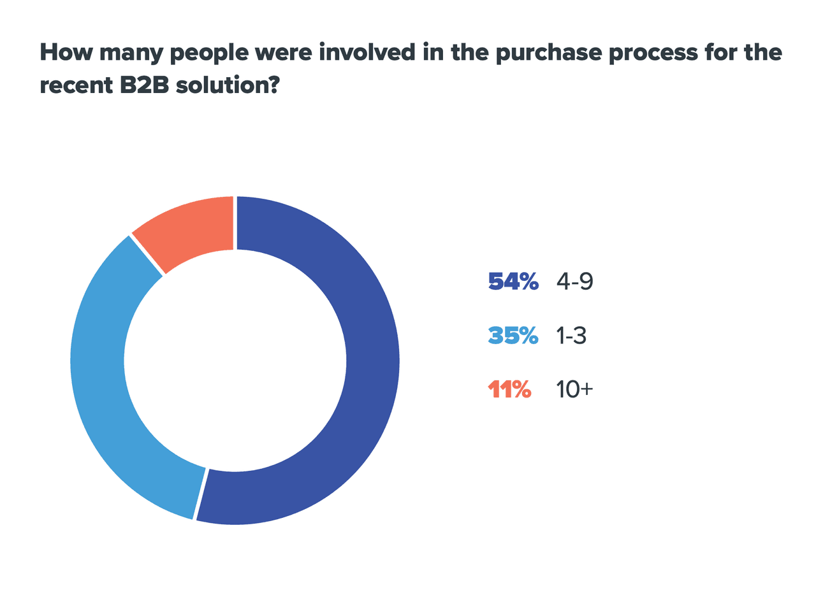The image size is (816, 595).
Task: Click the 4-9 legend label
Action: pos(574,281)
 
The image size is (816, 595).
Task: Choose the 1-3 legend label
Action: pos(571,335)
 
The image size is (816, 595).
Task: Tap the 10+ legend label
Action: pos(574,389)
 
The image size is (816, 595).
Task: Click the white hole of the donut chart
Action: pos(235,361)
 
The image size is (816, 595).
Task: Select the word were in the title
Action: pos(286,52)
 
